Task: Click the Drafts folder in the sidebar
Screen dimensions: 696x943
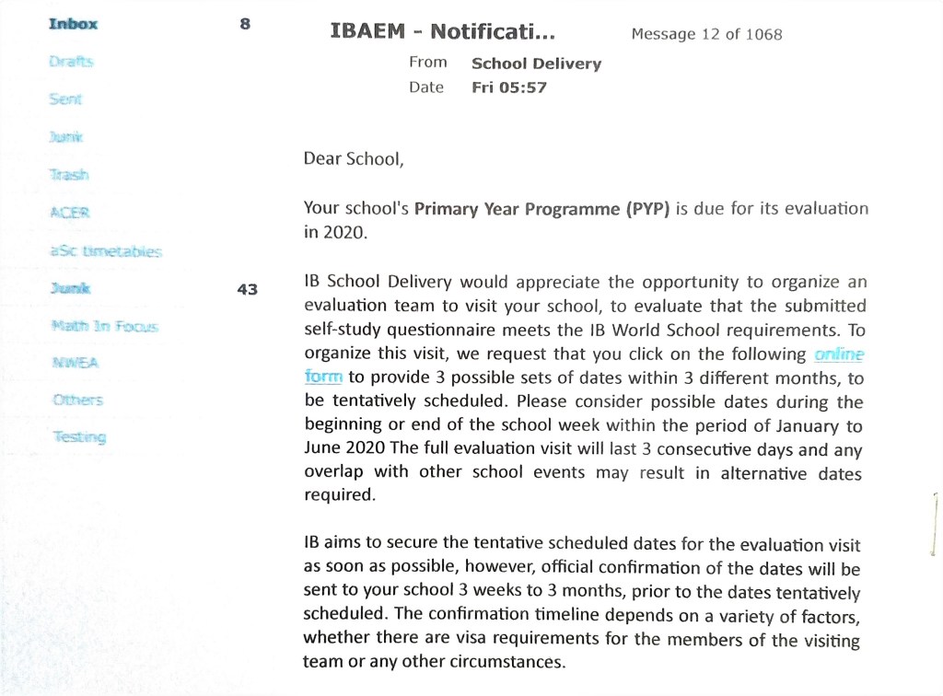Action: (x=71, y=62)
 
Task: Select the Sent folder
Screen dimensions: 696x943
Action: (x=65, y=99)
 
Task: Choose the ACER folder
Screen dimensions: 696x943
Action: (x=68, y=213)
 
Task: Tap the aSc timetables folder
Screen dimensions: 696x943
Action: (x=106, y=250)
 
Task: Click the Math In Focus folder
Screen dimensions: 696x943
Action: (x=104, y=325)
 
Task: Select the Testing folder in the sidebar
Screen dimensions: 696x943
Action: (x=78, y=436)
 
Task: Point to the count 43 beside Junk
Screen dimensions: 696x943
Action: (x=247, y=288)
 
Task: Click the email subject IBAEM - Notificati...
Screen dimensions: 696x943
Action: (x=443, y=33)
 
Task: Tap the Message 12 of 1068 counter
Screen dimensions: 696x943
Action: (x=706, y=34)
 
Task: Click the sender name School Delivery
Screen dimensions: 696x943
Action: (x=536, y=64)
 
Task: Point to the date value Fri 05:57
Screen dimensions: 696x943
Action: (x=509, y=87)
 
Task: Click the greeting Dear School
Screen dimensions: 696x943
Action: (x=354, y=158)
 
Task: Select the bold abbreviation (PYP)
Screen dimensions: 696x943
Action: (x=649, y=208)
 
